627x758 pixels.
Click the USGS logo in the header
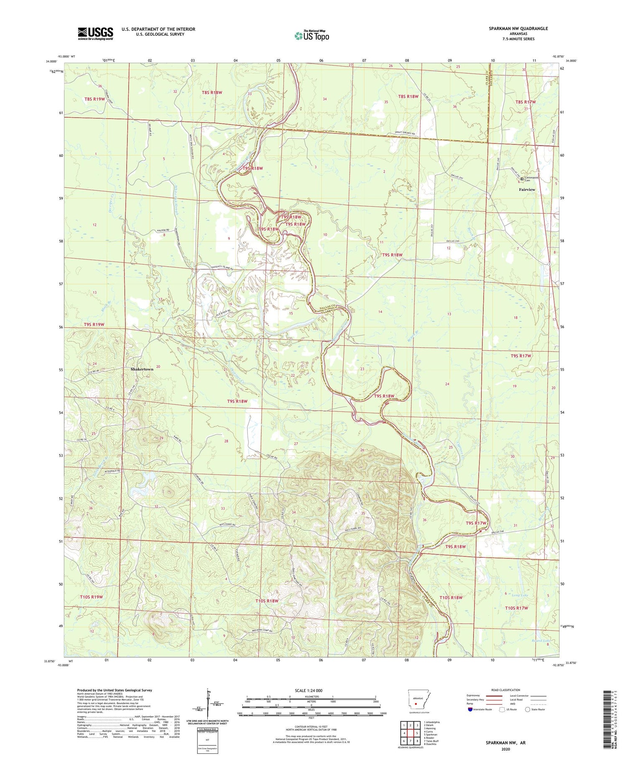tap(95, 33)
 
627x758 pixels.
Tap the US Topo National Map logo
tap(311, 36)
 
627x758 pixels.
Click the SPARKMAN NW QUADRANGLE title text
tap(518, 28)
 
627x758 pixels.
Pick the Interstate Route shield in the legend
tap(470, 710)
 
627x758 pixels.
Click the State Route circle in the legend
tap(528, 709)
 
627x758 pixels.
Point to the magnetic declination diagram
tap(208, 707)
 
